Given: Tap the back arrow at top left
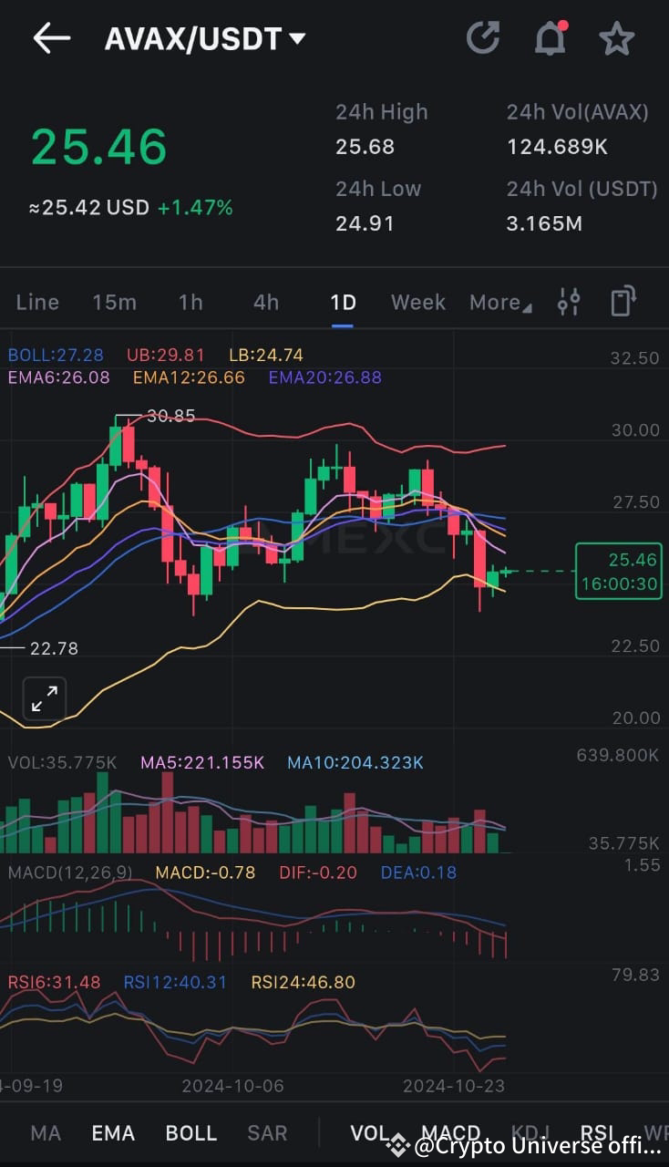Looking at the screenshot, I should click(x=51, y=38).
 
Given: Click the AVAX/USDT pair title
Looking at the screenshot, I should click(x=204, y=39).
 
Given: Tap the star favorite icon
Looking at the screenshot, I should click(x=616, y=39).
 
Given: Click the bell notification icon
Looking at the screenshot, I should click(x=550, y=38).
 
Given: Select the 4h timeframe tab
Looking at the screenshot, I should click(x=266, y=303).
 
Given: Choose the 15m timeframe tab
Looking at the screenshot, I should click(x=114, y=303).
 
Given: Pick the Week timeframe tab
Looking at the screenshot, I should click(x=418, y=303).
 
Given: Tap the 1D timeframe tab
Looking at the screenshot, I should click(x=343, y=303).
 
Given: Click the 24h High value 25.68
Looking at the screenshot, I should click(x=365, y=147).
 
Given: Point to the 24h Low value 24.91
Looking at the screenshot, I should click(x=365, y=223).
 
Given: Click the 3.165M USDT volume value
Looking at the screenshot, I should click(x=544, y=223).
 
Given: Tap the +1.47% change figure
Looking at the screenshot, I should click(x=195, y=208).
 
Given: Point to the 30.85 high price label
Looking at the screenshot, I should click(x=171, y=416).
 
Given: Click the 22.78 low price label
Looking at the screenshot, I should click(x=54, y=648).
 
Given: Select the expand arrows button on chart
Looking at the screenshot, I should click(x=44, y=699).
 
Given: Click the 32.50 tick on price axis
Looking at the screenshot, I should click(x=634, y=358).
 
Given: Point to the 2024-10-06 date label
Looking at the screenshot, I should click(x=232, y=1086).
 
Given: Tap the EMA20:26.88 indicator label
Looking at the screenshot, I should click(x=324, y=377).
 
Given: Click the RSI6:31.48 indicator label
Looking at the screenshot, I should click(x=54, y=982).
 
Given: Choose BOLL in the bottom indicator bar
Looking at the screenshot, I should click(x=190, y=1133).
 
